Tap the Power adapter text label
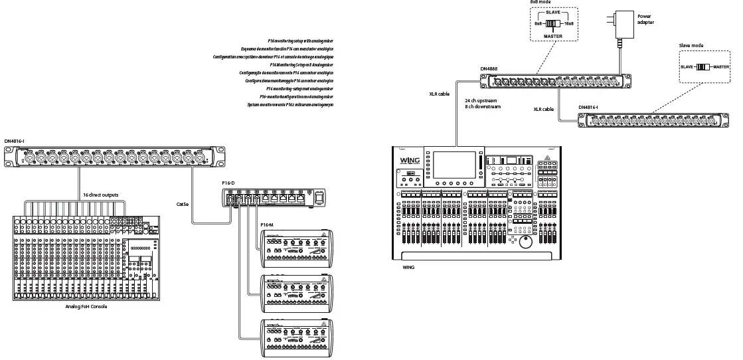pos(645,19)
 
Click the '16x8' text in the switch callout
pos(568,23)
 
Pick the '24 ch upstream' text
pos(481,100)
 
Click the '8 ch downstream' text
pos(482,106)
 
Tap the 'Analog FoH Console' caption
pos(86,306)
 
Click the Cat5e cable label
pos(183,204)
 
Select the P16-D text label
pos(228,183)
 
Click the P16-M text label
pos(267,225)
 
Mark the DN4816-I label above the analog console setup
pos(14,141)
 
